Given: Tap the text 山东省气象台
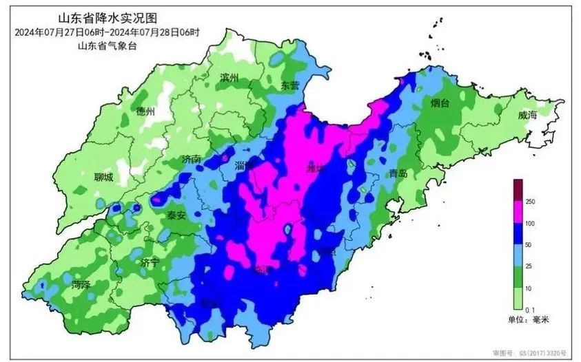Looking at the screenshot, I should tap(104, 46).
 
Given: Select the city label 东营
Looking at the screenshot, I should tap(290, 85).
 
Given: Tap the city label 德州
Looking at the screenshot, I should tap(147, 111).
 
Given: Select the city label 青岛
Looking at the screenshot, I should tap(399, 173).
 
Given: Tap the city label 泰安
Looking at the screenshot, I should tap(176, 215).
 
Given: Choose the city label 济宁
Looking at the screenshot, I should tap(150, 262).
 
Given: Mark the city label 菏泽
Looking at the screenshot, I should tap(81, 284).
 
